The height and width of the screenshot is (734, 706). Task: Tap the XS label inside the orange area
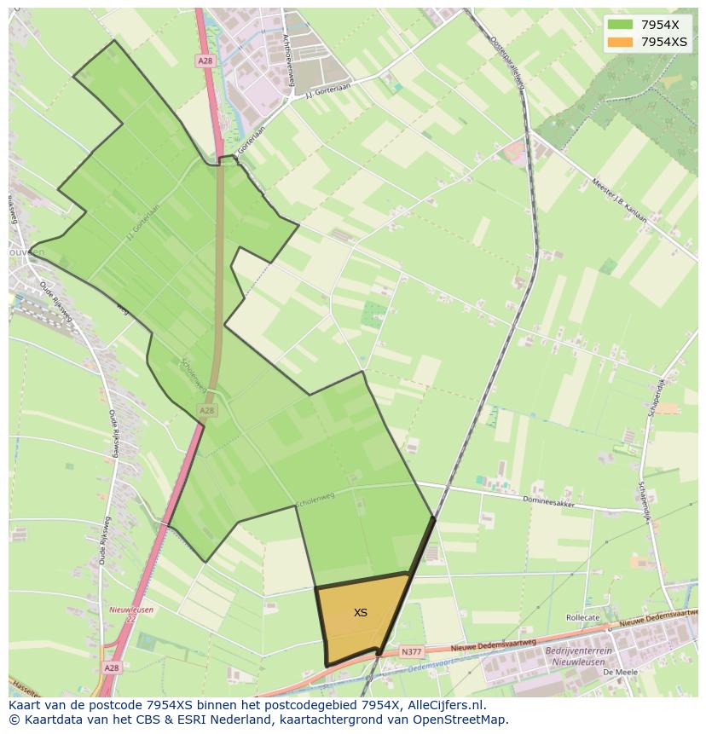[x=361, y=612]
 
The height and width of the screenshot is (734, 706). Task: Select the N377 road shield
[x=412, y=651]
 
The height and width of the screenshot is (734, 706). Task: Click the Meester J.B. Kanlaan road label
[x=617, y=202]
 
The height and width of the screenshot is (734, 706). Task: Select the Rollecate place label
[x=583, y=617]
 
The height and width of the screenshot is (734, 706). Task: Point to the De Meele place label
[x=615, y=673]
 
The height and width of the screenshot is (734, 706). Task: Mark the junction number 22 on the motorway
[x=130, y=620]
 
